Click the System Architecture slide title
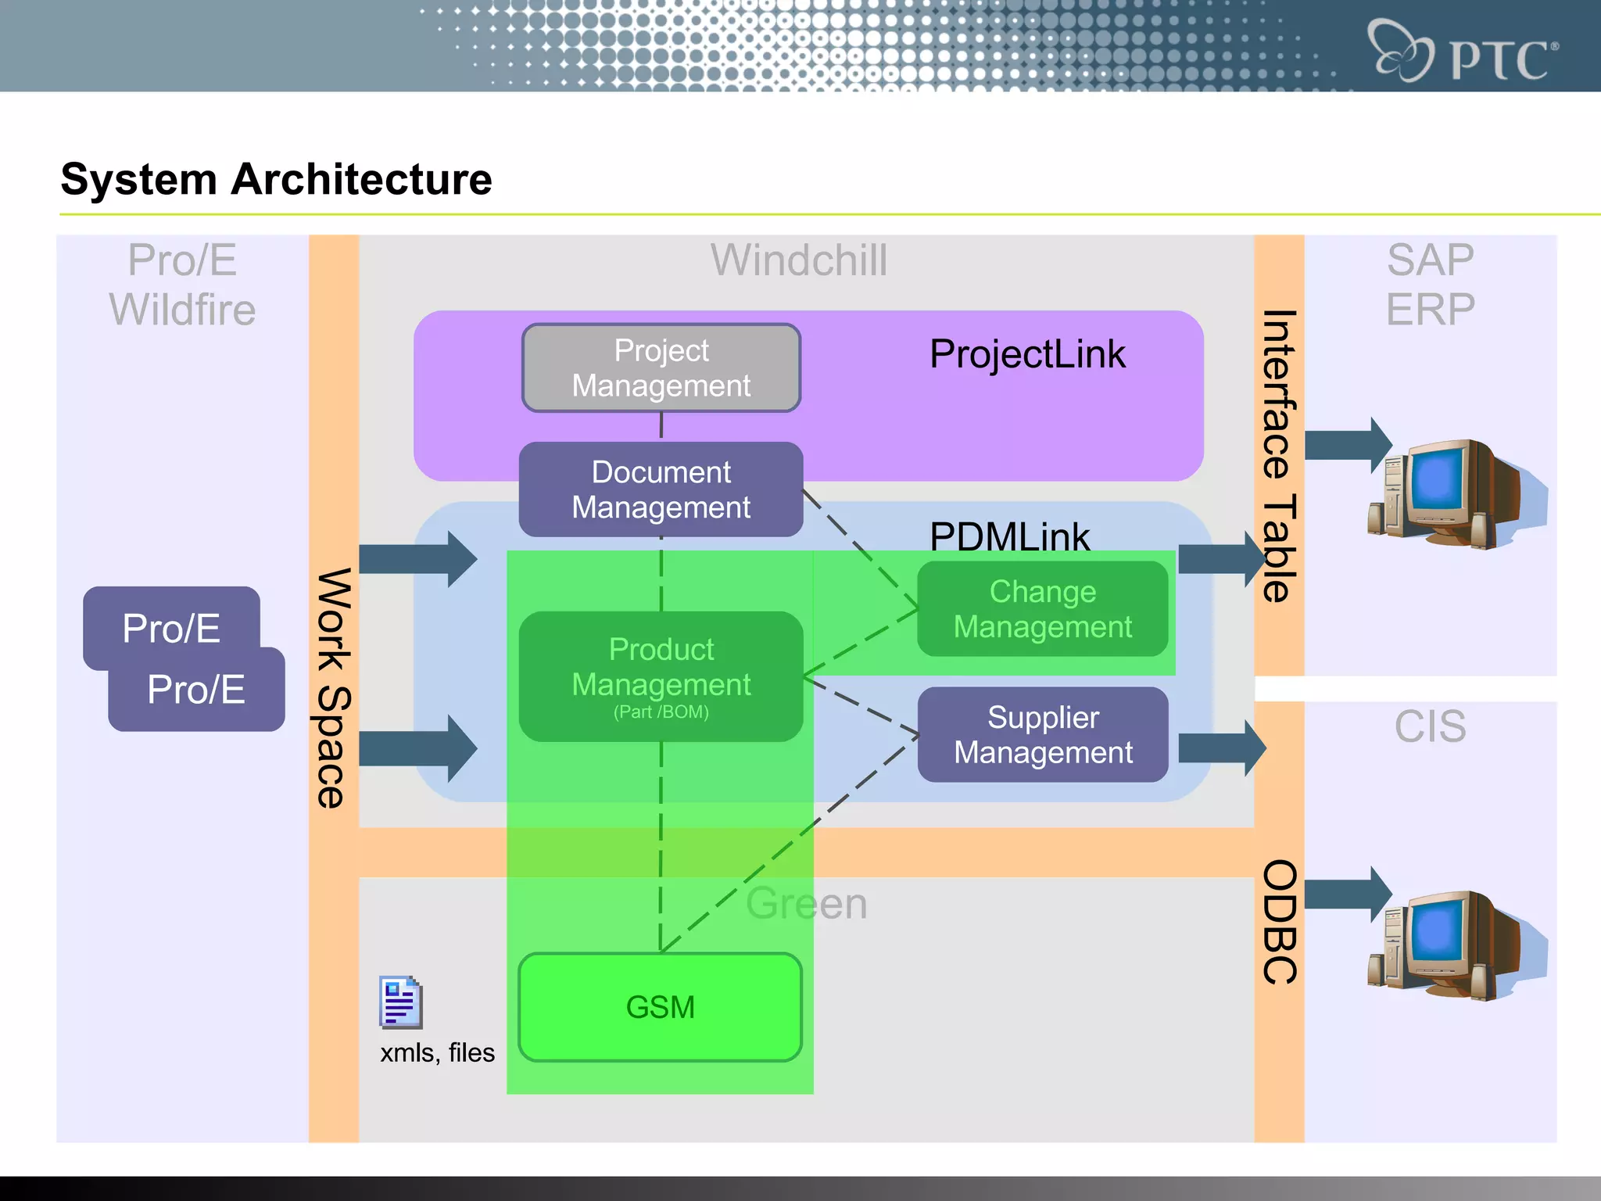[276, 179]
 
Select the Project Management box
[661, 367]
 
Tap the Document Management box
[661, 489]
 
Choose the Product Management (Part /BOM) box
[661, 677]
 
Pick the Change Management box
[1042, 609]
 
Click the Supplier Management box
[1042, 735]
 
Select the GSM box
[661, 1007]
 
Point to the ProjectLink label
[1027, 354]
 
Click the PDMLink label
[1008, 536]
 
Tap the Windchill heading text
[799, 260]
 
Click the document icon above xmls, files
[400, 1002]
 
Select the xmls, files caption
[437, 1053]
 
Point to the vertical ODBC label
[1280, 923]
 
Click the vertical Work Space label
[335, 688]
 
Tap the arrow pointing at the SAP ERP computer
[1347, 445]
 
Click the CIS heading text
[1430, 726]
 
